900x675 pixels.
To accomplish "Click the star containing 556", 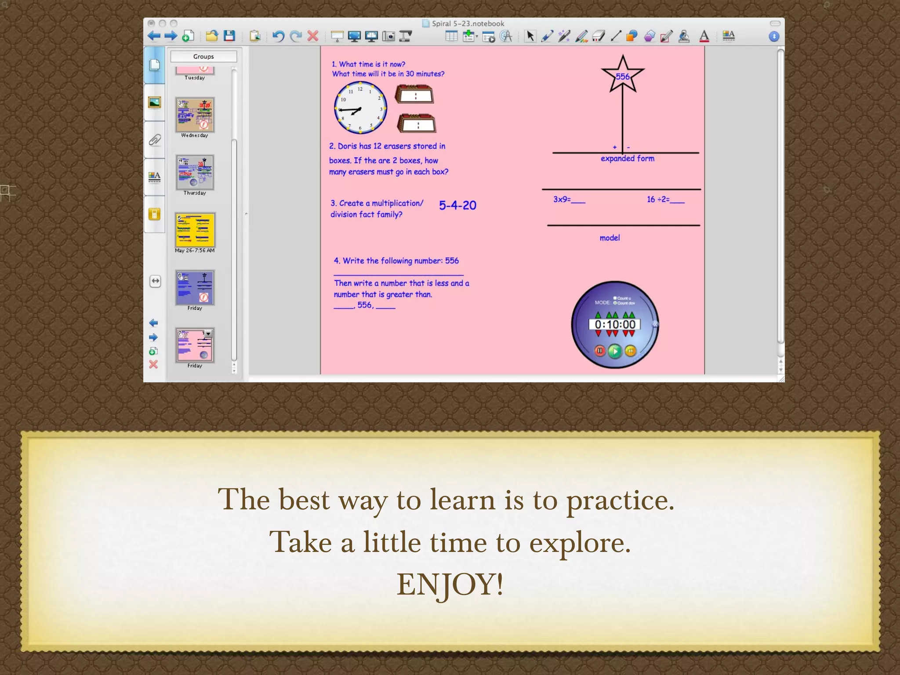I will click(x=622, y=75).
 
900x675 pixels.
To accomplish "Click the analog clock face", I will click(x=360, y=108).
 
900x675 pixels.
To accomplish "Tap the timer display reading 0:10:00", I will click(x=615, y=325).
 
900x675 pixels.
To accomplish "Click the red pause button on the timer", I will click(x=599, y=351).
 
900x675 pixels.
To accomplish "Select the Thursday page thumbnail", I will click(x=195, y=172).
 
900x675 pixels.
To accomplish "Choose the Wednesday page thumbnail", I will click(x=195, y=115).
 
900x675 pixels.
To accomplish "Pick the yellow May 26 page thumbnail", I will click(x=195, y=230).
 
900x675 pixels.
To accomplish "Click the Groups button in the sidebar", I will click(x=203, y=57).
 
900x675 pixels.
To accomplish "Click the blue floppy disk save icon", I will click(x=229, y=36).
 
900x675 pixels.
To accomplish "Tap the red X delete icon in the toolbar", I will click(x=312, y=36).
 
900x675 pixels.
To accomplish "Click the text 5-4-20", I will click(x=457, y=205).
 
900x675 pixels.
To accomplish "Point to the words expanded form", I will click(x=627, y=159).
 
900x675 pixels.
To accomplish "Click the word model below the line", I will click(x=610, y=238).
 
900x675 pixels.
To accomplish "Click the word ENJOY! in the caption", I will click(x=450, y=584).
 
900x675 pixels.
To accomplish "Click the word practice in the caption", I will click(x=620, y=500).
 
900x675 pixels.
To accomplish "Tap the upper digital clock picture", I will click(x=414, y=94).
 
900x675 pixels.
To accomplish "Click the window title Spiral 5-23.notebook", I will click(x=468, y=24).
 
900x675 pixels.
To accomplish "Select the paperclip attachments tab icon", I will click(x=155, y=140).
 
